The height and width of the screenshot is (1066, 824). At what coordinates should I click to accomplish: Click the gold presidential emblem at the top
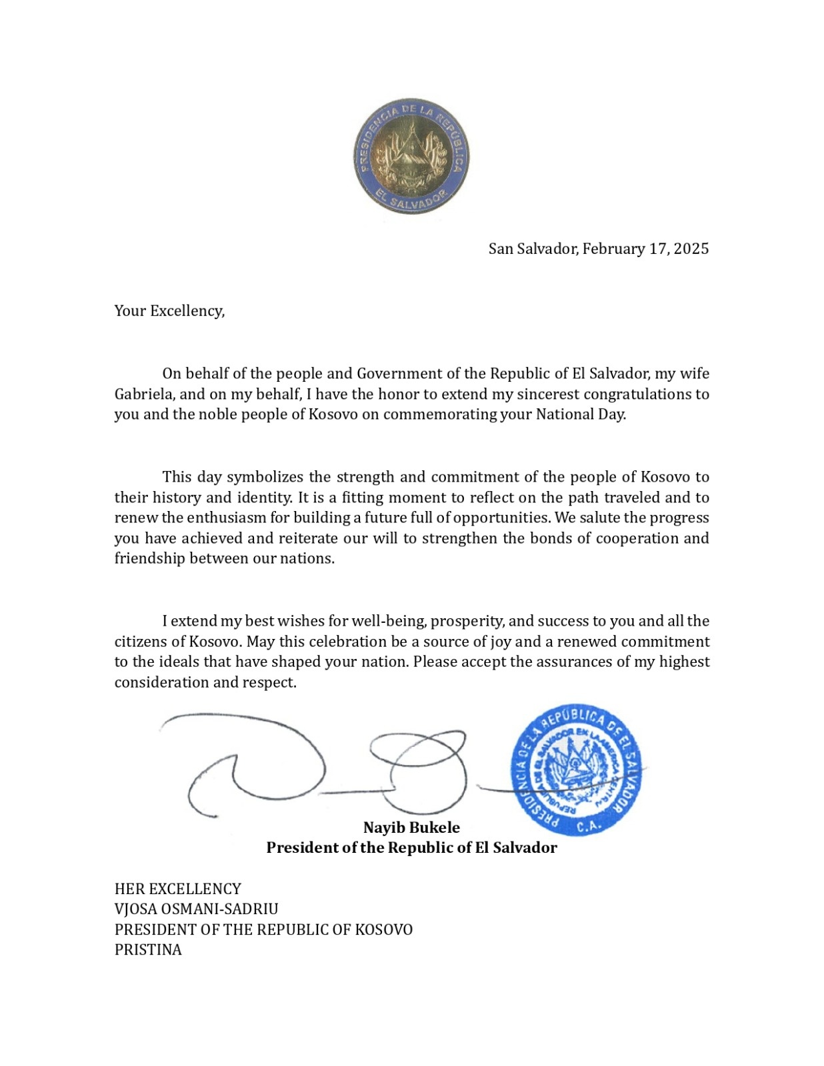tap(411, 157)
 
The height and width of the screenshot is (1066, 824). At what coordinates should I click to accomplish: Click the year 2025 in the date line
tap(691, 249)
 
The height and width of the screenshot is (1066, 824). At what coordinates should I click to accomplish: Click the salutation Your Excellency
tap(169, 310)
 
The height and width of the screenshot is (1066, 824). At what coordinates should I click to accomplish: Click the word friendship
tap(149, 558)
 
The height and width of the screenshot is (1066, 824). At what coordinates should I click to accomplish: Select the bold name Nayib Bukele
tap(411, 827)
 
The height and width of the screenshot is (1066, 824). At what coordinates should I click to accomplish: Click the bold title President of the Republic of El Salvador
tap(411, 847)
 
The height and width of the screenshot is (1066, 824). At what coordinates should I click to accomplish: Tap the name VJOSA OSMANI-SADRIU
tap(196, 909)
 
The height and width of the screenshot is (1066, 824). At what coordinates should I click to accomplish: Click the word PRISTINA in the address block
tap(148, 949)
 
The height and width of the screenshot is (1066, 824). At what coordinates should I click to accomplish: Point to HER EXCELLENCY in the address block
tap(177, 889)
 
